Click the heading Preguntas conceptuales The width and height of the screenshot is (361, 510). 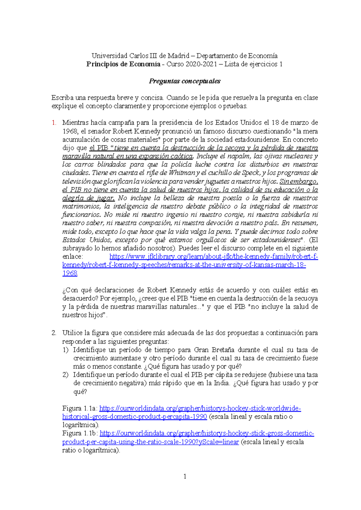point(184,81)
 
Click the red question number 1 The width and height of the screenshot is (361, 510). point(54,123)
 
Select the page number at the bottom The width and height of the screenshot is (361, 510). point(185,476)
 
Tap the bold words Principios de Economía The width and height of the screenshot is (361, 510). point(123,64)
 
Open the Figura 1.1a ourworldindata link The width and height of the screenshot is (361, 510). point(200,408)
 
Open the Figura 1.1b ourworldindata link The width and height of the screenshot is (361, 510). point(207,433)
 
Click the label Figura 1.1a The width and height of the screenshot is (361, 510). point(79,408)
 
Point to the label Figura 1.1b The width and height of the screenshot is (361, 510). point(80,433)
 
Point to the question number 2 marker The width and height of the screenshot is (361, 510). point(54,333)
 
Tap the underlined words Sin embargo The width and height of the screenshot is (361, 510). point(298,181)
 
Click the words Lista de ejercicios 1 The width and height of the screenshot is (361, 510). point(253,64)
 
